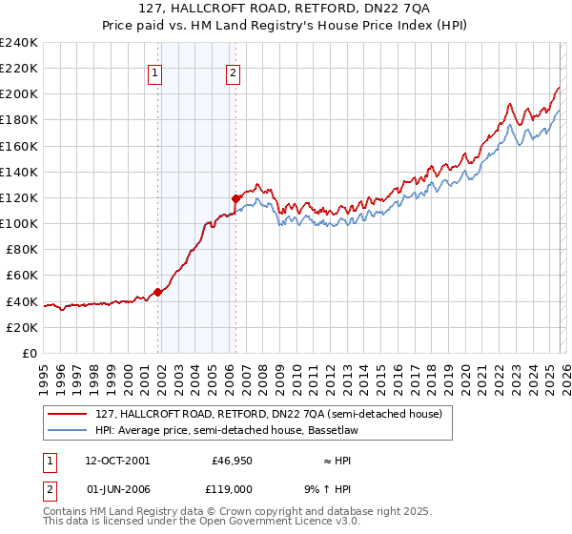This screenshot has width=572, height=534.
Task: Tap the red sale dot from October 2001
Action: point(157,293)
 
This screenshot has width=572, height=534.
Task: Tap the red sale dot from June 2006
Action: point(235,198)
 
